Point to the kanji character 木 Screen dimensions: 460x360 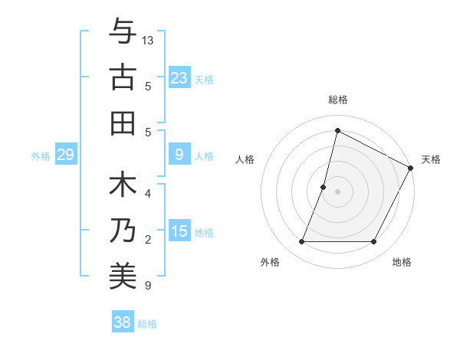(123, 186)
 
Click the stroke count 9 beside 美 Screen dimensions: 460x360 (147, 286)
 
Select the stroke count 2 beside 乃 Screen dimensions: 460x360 (147, 240)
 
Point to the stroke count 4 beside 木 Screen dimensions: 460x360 (147, 194)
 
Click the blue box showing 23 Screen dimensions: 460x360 (179, 77)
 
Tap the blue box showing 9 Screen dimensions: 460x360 (179, 155)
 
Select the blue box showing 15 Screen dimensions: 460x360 (179, 231)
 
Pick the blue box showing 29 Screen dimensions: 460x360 (65, 155)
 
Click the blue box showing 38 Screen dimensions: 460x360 (122, 322)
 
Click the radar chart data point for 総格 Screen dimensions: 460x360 (337, 129)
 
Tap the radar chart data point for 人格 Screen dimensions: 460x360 (324, 187)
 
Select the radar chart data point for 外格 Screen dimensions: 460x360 (301, 242)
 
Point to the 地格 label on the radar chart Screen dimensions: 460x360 (402, 262)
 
